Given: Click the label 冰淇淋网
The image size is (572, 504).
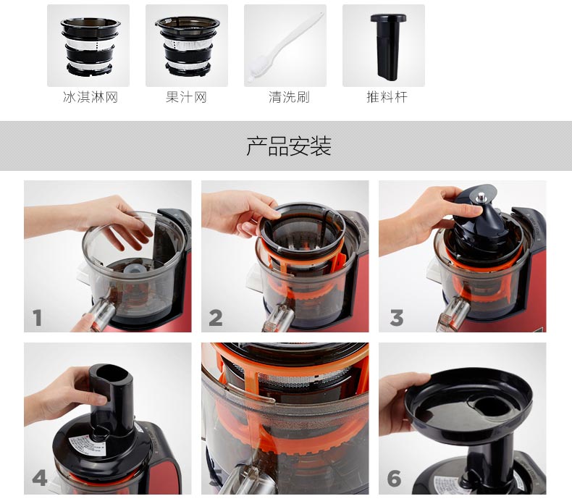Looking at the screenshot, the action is (90, 97).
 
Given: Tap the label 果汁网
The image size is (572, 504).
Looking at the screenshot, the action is (186, 97).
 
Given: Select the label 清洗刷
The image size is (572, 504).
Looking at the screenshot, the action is (289, 97).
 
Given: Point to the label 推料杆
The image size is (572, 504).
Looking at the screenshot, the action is (387, 97).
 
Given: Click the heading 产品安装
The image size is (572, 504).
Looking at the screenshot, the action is (289, 146).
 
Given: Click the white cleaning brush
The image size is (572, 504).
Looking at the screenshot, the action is (285, 48).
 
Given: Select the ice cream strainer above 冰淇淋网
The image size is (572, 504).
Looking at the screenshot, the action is (90, 47).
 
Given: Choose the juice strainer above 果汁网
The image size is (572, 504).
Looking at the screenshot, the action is (188, 47).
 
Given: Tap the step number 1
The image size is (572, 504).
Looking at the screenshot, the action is (37, 317).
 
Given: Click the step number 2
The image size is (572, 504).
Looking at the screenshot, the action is (216, 317).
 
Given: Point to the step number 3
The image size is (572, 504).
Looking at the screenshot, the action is (397, 317).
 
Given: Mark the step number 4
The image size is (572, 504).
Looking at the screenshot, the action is (39, 478).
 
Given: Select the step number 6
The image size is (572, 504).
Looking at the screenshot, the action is (394, 478).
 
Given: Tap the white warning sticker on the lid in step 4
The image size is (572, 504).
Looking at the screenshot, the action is (88, 445).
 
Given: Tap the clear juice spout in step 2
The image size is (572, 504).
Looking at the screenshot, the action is (279, 316).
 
